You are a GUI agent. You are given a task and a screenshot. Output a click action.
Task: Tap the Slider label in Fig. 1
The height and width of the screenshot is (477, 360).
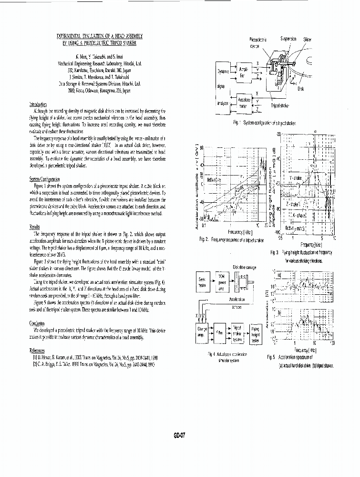click(307, 39)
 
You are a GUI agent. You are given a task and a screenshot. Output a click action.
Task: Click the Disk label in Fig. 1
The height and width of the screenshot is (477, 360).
click(300, 88)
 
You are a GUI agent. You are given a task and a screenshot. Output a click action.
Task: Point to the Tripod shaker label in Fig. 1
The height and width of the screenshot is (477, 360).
click(279, 106)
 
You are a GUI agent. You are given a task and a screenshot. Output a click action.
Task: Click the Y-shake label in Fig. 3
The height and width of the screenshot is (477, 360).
click(296, 178)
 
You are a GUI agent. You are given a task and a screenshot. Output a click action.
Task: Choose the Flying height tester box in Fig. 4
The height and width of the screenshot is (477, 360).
click(256, 332)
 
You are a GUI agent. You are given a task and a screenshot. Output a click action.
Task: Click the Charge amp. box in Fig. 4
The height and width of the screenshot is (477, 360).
click(201, 331)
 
